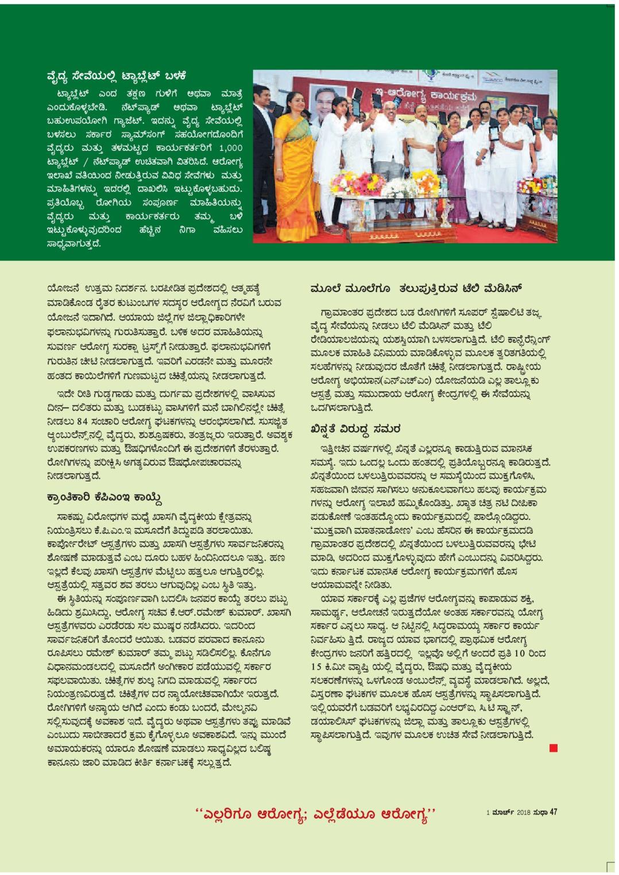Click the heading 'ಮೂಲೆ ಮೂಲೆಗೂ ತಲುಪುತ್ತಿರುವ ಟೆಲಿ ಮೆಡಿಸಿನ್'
416,288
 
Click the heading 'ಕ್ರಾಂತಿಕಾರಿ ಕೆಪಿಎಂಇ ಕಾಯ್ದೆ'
105,497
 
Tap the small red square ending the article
553,748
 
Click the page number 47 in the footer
553,812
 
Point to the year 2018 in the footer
524,812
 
